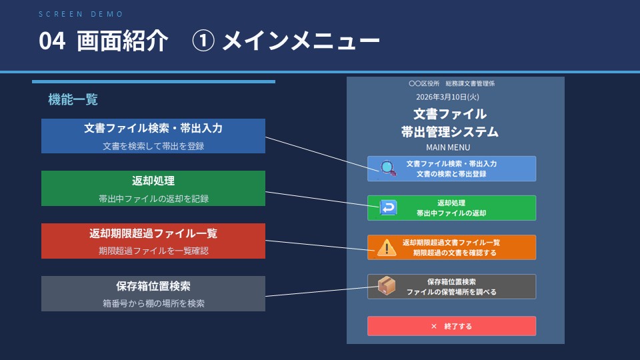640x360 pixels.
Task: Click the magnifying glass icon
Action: point(387,169)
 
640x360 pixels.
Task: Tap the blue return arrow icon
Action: point(388,208)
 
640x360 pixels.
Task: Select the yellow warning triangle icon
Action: point(386,248)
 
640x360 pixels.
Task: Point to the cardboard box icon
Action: point(387,286)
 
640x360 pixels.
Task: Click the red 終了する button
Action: point(451,326)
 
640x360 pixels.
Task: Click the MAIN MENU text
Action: point(448,147)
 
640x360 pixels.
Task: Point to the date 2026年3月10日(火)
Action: point(452,97)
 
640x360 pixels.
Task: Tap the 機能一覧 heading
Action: point(73,100)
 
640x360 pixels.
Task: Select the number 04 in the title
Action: point(52,42)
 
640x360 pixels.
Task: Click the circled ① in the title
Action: point(202,42)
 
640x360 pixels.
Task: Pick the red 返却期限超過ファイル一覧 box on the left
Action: point(153,241)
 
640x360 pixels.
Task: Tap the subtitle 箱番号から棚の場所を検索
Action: point(153,303)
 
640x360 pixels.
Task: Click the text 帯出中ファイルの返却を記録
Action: point(153,198)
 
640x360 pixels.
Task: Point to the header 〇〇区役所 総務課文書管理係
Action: point(451,84)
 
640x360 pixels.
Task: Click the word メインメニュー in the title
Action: point(301,42)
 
